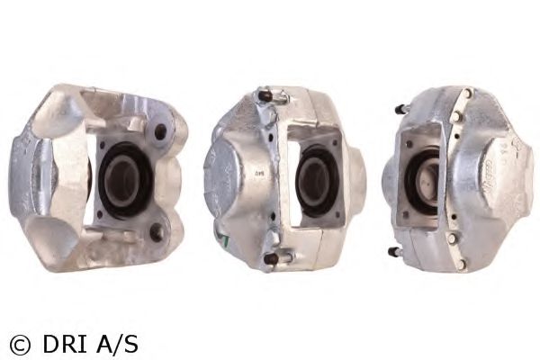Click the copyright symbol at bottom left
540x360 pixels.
pyautogui.click(x=20, y=344)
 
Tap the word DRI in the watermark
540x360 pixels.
pyautogui.click(x=65, y=344)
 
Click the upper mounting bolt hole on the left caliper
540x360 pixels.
pyautogui.click(x=160, y=131)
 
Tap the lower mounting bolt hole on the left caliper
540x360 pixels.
pyautogui.click(x=156, y=231)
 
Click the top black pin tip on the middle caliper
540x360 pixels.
pyautogui.click(x=264, y=94)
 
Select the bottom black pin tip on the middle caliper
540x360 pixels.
pyautogui.click(x=271, y=259)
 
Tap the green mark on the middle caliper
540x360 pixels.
pyautogui.click(x=222, y=239)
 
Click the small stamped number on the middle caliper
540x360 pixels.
pyautogui.click(x=256, y=173)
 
